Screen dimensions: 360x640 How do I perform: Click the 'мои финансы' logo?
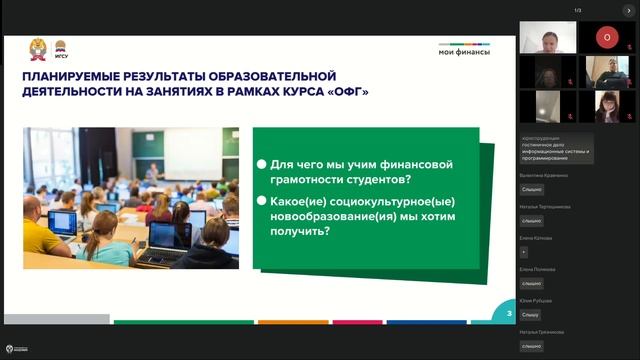[x=465, y=51]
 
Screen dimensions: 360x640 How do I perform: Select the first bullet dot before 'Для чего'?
[x=262, y=162]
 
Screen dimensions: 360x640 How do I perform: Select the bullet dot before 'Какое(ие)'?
[x=262, y=200]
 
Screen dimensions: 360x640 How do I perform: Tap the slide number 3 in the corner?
[x=509, y=314]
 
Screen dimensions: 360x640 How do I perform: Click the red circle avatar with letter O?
[x=605, y=37]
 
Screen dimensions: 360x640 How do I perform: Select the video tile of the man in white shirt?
[x=549, y=37]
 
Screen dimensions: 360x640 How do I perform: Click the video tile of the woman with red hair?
[x=605, y=105]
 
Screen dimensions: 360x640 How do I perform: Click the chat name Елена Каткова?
[x=537, y=238]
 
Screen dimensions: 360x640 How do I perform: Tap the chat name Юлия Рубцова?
[x=537, y=300]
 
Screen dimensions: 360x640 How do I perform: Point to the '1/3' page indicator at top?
[x=577, y=10]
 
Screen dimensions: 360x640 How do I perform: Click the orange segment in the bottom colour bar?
[x=293, y=322]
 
